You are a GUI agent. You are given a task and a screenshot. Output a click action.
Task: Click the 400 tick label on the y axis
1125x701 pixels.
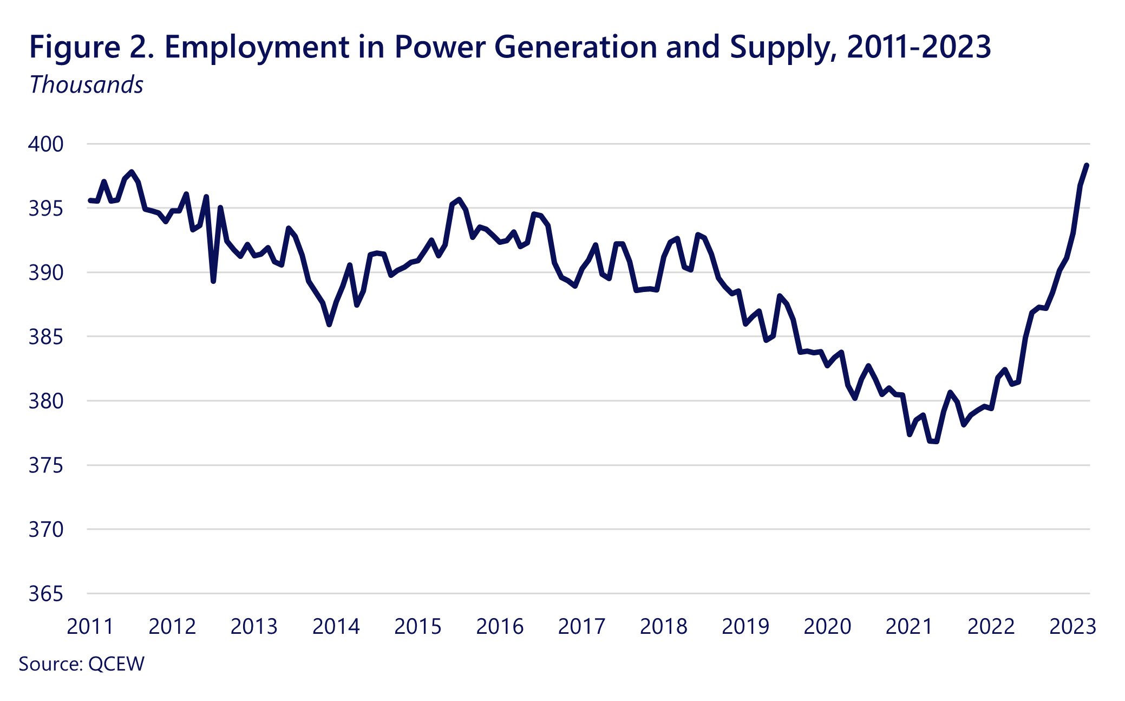click(46, 144)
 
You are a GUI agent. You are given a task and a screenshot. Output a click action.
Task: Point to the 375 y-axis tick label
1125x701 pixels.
click(46, 465)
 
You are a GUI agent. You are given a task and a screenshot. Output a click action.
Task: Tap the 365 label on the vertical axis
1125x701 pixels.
click(46, 594)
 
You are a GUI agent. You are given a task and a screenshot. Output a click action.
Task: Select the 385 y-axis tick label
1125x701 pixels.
click(46, 337)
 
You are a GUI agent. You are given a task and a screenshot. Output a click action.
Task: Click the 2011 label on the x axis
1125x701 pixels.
click(90, 627)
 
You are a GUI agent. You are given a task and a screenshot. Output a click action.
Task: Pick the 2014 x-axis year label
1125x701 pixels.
click(336, 627)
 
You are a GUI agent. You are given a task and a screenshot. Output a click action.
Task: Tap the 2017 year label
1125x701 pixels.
click(581, 627)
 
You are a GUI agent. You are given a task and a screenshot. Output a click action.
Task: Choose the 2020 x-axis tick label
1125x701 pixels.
click(827, 627)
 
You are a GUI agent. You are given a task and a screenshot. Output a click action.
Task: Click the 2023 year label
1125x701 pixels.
click(1072, 627)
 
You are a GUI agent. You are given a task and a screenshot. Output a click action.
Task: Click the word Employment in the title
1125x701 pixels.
click(257, 48)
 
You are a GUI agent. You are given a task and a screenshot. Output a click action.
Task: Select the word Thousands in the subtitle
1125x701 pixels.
click(87, 85)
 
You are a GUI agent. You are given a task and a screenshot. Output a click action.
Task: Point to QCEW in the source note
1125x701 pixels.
click(116, 664)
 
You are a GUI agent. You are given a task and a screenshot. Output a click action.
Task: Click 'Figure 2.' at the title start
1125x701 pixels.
click(92, 48)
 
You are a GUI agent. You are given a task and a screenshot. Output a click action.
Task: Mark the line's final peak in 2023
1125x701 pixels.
click(1087, 165)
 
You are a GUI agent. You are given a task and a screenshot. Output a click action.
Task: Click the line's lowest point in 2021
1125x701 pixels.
click(933, 442)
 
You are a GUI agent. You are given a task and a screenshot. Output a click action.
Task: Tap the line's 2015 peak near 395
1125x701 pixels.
click(459, 199)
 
